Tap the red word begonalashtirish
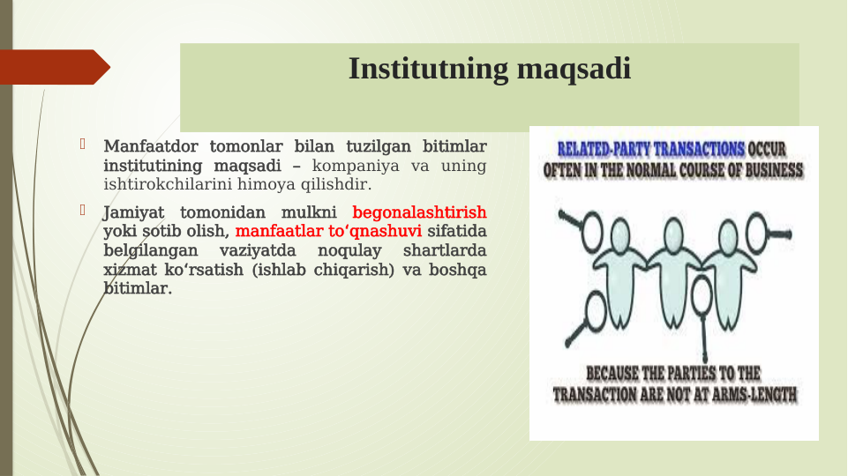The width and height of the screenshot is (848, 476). coord(419,212)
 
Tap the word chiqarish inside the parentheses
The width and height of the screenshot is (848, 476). coord(359,271)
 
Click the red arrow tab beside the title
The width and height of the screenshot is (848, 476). coord(53,67)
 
